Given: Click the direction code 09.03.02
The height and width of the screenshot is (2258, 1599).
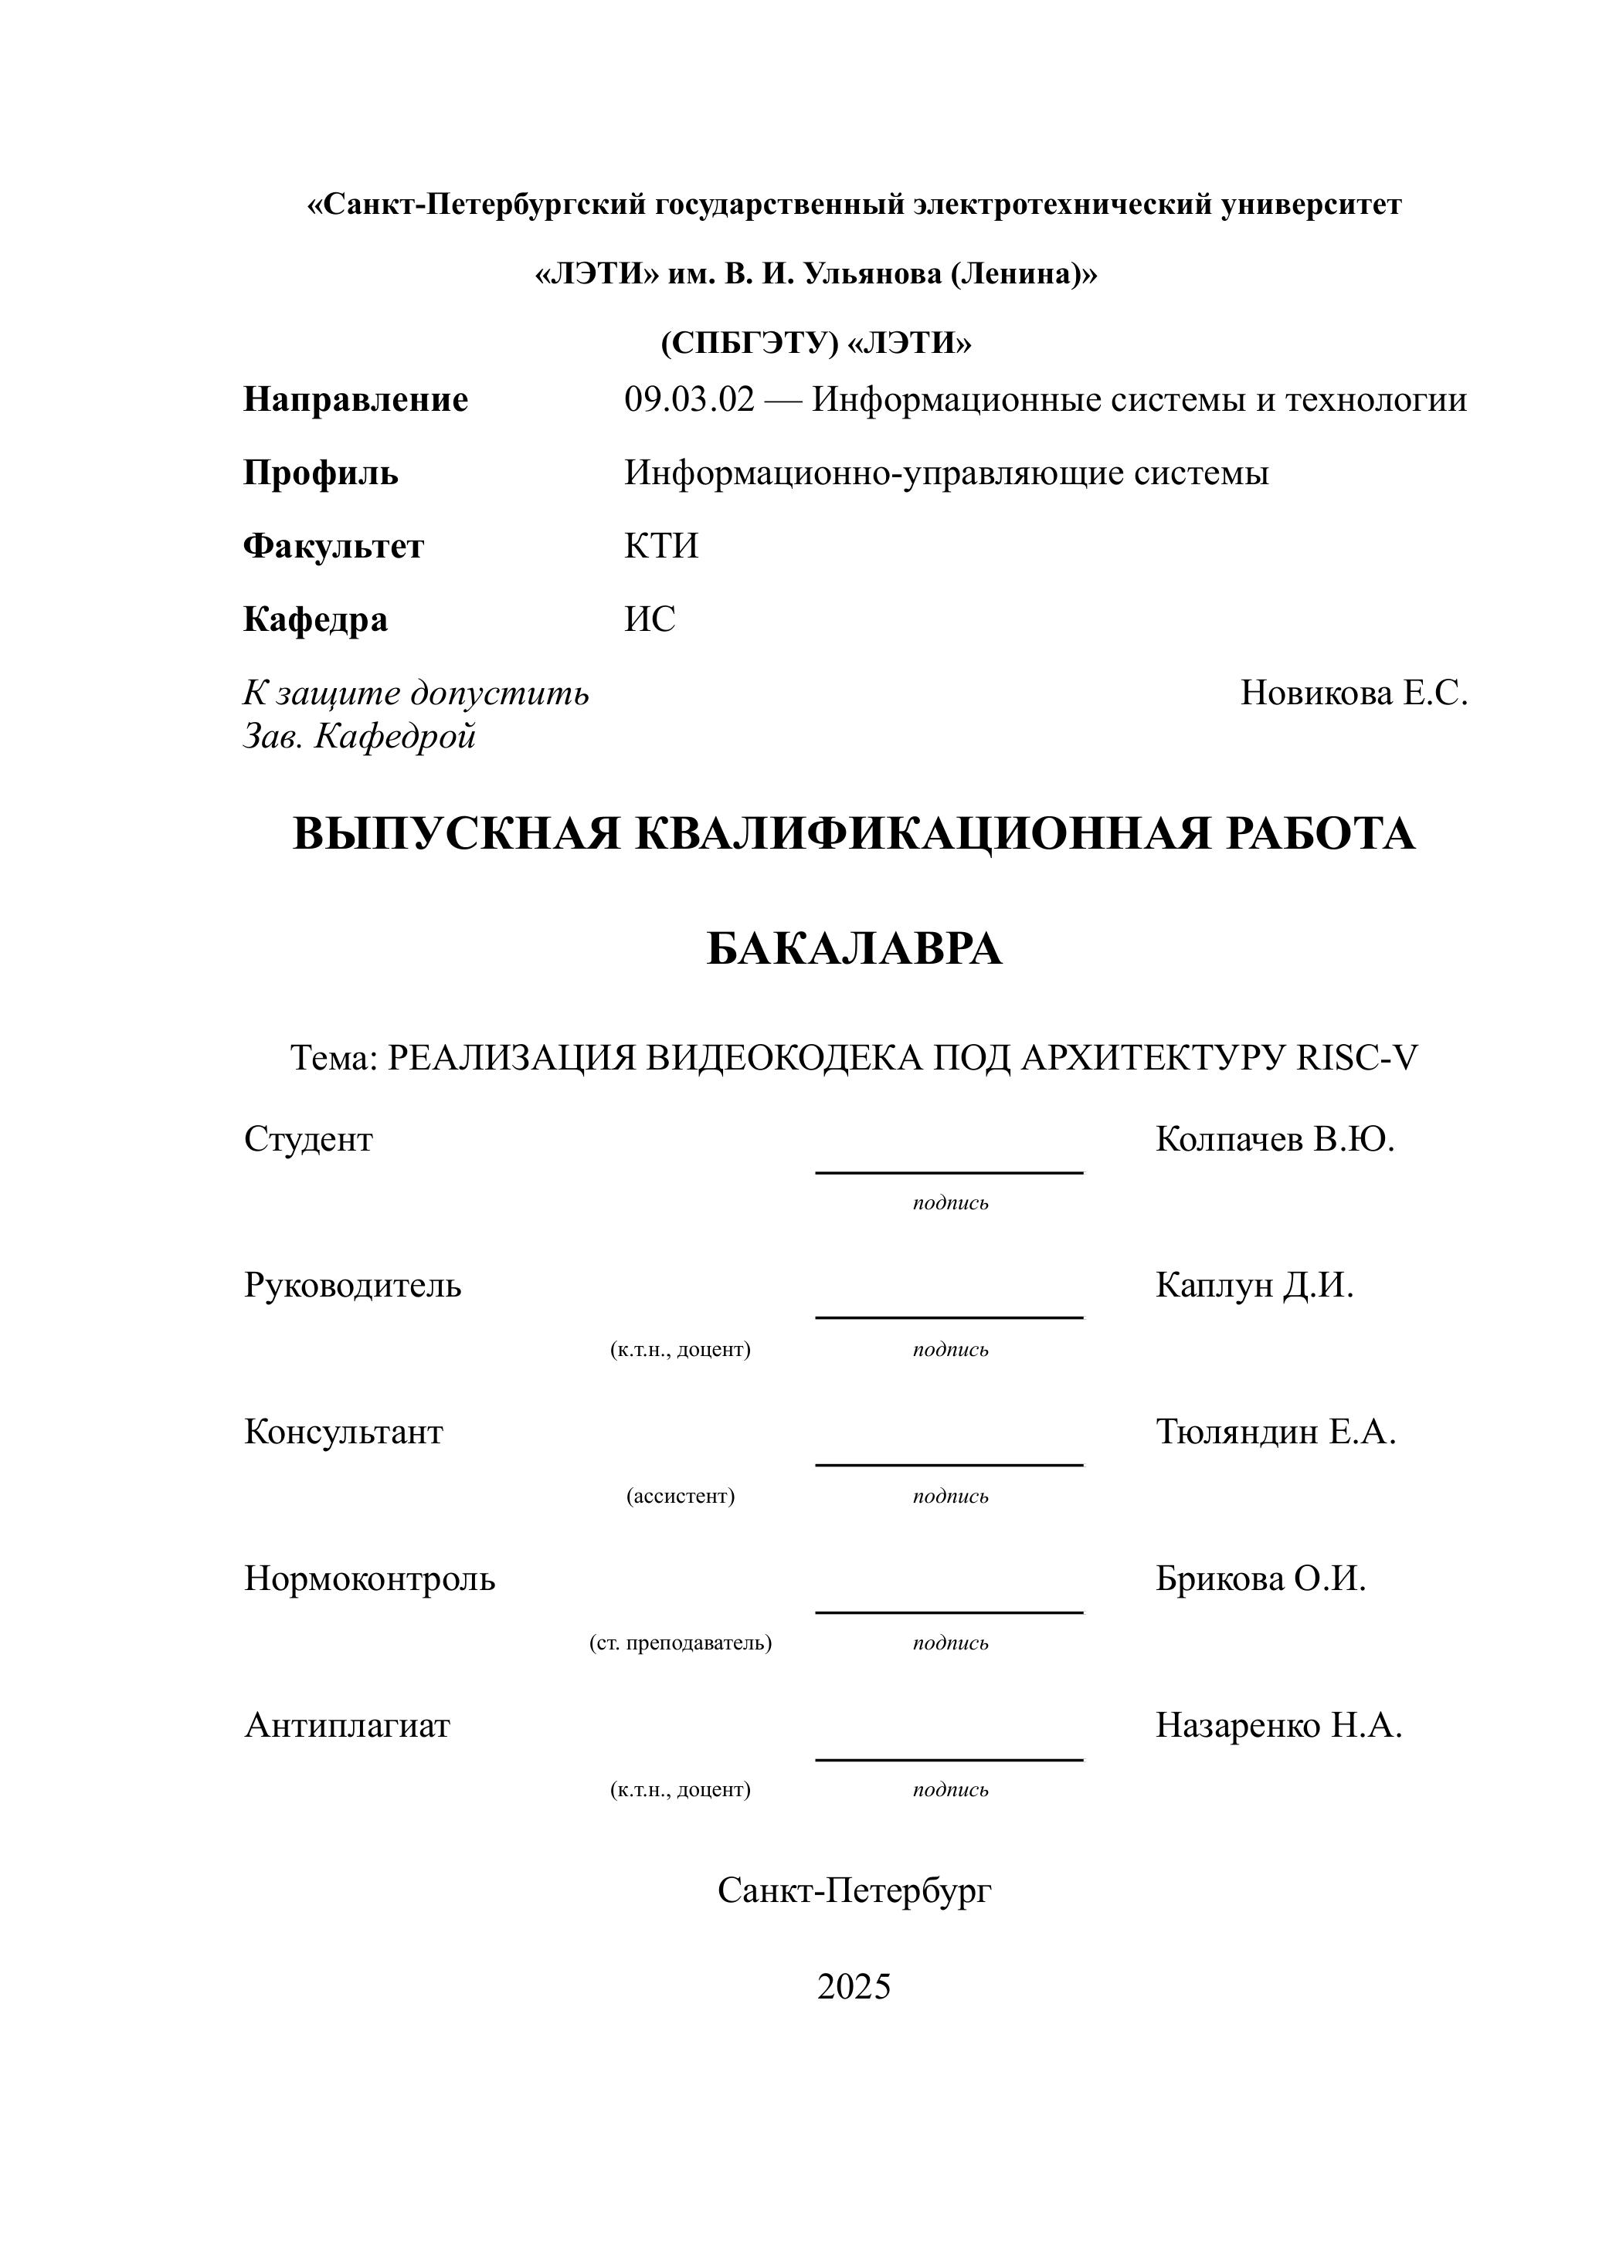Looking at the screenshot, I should coord(689,399).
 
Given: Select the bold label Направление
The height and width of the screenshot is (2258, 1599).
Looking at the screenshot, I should coord(355,399).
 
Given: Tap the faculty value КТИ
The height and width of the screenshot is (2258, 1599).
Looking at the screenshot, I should coord(660,545).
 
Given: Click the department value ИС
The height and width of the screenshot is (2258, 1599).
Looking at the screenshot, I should coord(650,619).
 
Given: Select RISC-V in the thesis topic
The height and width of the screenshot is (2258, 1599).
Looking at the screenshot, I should coord(1358,1057).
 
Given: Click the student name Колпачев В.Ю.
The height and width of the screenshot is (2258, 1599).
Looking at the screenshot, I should coord(1275,1139).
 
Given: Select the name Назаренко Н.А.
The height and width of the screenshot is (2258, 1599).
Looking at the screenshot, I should coord(1278,1724).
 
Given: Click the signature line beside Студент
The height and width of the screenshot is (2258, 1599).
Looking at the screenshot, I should coord(949,1171).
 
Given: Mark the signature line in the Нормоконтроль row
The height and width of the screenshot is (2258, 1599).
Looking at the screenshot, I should coord(949,1612).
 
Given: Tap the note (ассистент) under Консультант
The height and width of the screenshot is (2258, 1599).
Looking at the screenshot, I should coord(681,1496).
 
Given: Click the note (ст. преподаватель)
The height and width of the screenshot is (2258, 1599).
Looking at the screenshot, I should coord(681,1643).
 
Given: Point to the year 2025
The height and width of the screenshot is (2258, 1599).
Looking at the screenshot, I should coord(854,1986).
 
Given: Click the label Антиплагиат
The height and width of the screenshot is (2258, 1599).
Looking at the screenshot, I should coord(347,1724).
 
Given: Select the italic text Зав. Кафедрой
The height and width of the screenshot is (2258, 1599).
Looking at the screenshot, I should coord(359,736).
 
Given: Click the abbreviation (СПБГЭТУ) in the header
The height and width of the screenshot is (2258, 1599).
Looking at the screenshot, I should coord(749,343).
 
